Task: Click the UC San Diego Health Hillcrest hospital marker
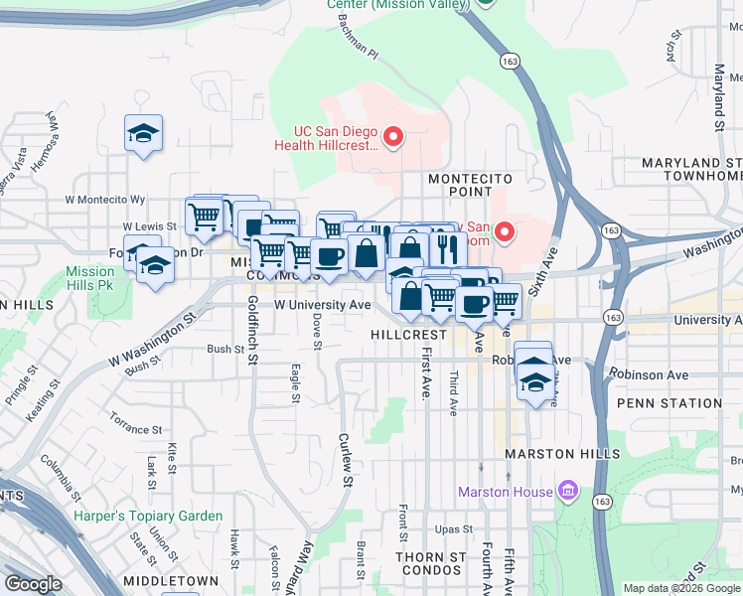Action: [393, 136]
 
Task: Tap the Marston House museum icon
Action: [567, 491]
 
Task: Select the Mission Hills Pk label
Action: [90, 278]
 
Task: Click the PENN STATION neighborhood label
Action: [669, 403]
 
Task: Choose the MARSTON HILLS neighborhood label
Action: [554, 454]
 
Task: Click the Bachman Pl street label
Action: [359, 37]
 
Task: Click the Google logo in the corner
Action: [34, 584]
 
